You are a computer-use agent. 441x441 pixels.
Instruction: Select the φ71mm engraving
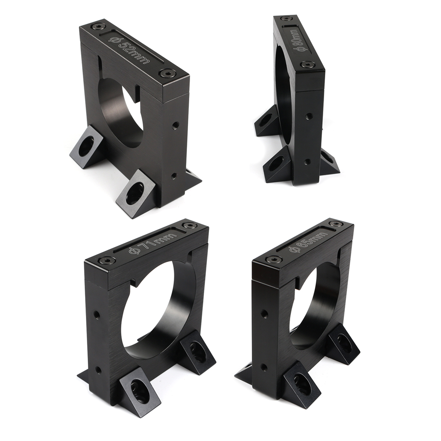[x=153, y=241]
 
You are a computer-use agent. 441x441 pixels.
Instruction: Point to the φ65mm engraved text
[x=308, y=242]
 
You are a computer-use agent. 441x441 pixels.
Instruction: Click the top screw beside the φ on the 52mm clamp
[x=98, y=27]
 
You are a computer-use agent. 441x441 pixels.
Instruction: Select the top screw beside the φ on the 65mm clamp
[x=273, y=259]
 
